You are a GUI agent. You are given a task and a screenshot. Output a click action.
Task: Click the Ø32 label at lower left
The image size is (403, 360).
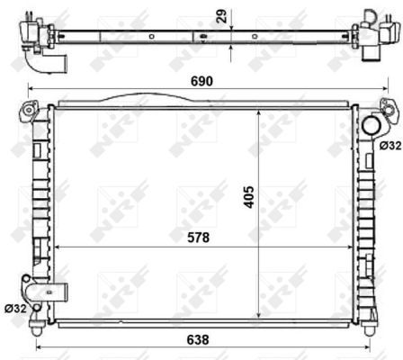[x=14, y=309]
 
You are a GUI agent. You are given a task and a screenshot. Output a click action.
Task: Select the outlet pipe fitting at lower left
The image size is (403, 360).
[x=41, y=292]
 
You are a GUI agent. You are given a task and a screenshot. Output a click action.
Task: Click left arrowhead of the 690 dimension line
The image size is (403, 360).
[x=31, y=89]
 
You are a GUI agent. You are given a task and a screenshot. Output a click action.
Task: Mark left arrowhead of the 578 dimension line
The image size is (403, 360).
[x=57, y=246]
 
